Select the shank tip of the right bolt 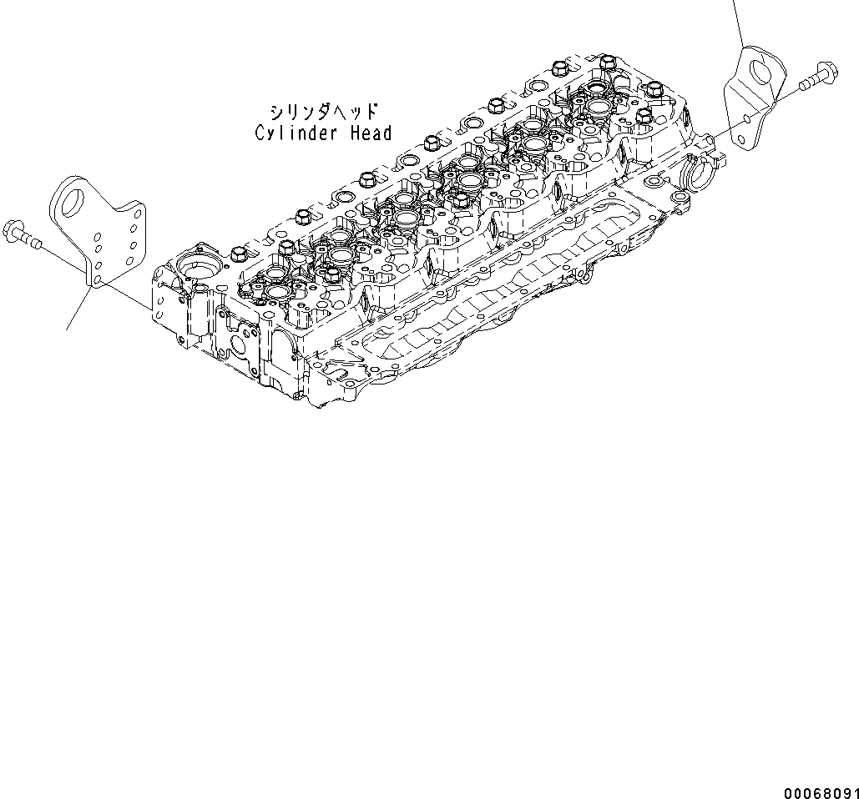(803, 85)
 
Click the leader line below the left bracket (77, 309)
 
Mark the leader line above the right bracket (738, 21)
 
